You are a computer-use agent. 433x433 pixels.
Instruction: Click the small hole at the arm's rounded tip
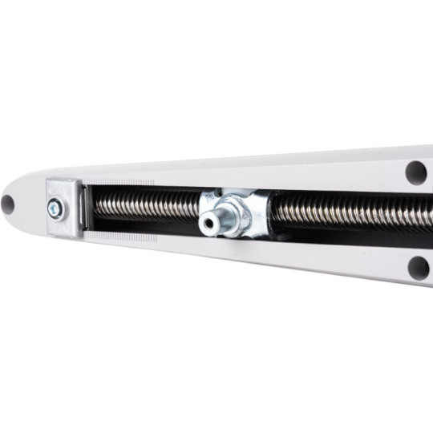tap(8, 204)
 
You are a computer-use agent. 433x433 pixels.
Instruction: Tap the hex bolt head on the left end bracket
tap(55, 210)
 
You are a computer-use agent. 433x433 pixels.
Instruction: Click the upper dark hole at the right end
tap(416, 172)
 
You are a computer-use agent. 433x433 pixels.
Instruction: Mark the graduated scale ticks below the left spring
tap(120, 237)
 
